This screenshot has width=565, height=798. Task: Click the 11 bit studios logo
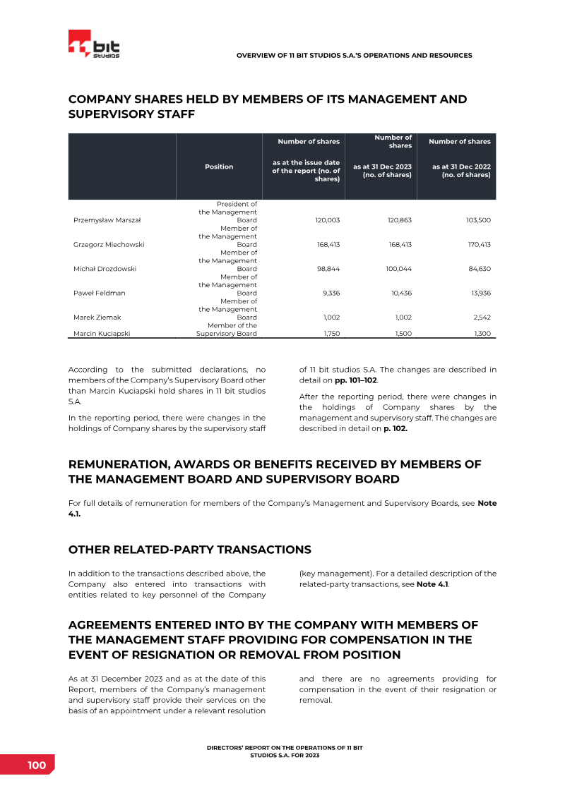pos(94,45)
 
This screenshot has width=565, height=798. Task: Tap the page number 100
pos(37,766)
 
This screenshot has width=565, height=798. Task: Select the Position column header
pos(219,167)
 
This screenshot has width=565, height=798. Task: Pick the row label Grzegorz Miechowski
pos(109,244)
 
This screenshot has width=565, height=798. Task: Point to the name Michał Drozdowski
pos(105,269)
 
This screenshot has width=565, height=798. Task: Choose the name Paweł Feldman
pos(97,293)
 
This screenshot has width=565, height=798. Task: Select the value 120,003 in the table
pos(327,220)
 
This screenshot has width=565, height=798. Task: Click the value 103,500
pos(478,220)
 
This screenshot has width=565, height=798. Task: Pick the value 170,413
pos(478,244)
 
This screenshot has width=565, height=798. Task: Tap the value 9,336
pos(330,293)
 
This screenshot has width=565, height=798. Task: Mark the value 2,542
pos(481,318)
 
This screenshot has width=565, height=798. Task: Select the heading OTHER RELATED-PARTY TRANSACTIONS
pos(189,550)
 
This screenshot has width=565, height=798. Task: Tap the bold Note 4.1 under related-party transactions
pos(432,584)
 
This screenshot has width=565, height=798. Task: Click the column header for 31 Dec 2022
pos(461,171)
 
